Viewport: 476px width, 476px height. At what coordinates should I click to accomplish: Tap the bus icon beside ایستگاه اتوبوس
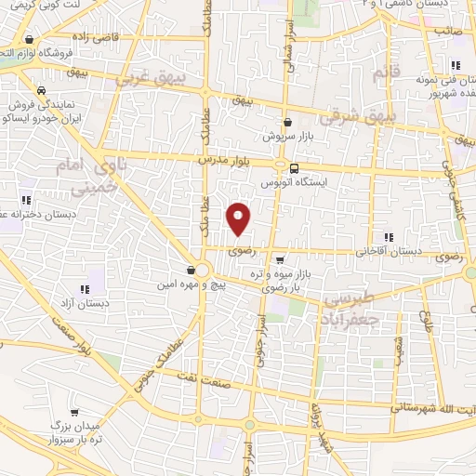pos(294,168)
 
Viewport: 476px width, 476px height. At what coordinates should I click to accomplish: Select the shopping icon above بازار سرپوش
pos(287,122)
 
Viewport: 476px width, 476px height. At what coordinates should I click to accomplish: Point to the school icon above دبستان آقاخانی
pos(388,237)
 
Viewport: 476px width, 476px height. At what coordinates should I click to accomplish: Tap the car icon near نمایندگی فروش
pos(41,91)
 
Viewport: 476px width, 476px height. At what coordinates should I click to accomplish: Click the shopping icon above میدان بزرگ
pos(74,409)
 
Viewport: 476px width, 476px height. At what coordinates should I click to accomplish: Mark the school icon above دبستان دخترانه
pos(26,200)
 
